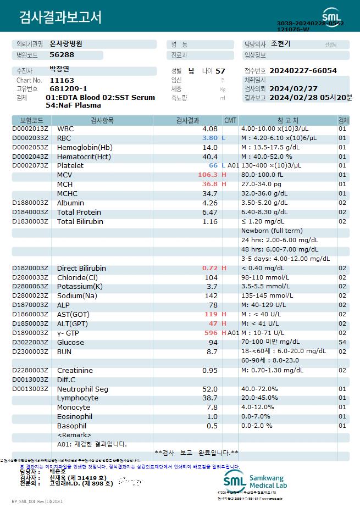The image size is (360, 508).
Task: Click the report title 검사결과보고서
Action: pyautogui.click(x=60, y=18)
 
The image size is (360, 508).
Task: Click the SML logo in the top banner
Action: pyautogui.click(x=331, y=15)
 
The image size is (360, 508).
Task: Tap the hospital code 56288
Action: pyautogui.click(x=62, y=54)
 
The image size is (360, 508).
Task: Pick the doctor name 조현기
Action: pyautogui.click(x=281, y=44)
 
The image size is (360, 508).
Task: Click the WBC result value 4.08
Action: pyautogui.click(x=210, y=129)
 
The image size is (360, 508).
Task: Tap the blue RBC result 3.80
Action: pyautogui.click(x=210, y=138)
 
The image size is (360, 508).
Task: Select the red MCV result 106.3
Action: pyautogui.click(x=208, y=175)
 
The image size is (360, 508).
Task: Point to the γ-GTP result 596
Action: pyautogui.click(x=211, y=333)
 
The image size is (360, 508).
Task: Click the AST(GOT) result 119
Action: pyautogui.click(x=211, y=314)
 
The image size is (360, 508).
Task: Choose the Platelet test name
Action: pyautogui.click(x=70, y=165)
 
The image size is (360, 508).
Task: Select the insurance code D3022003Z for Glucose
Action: pyautogui.click(x=31, y=342)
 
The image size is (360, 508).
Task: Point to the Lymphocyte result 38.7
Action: pyautogui.click(x=210, y=398)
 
